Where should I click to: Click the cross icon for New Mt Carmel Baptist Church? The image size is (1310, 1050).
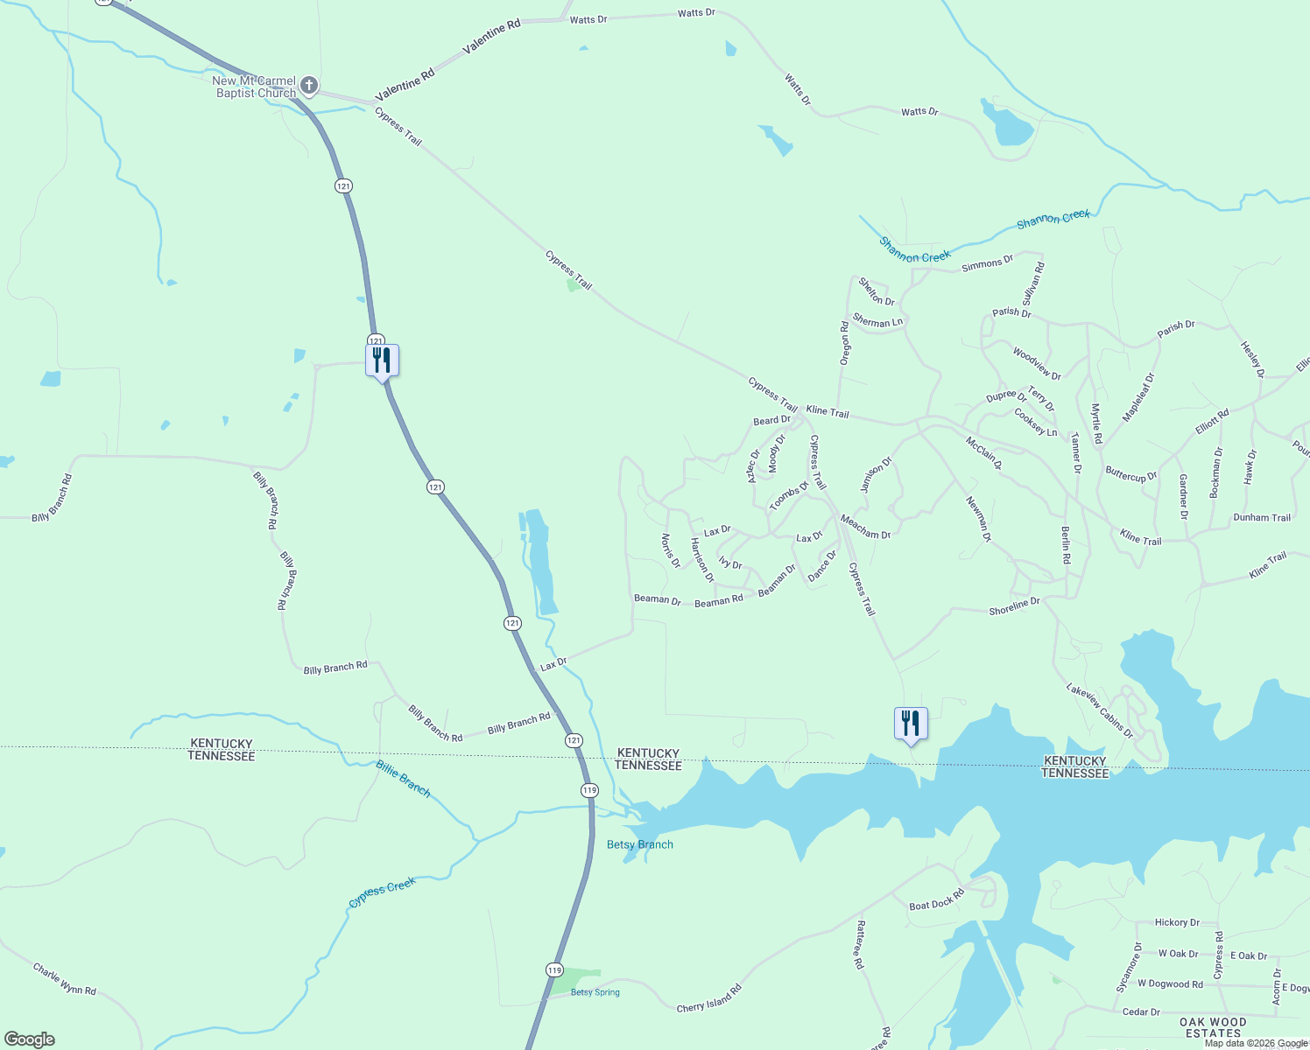308,86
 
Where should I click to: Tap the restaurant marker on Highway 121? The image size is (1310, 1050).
382,360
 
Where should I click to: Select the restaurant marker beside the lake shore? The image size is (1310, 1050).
911,724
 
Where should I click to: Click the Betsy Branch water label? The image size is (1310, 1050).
640,844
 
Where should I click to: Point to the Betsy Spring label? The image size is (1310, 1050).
595,992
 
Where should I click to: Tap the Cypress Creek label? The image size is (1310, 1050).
382,892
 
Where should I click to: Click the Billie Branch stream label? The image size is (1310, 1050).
403,779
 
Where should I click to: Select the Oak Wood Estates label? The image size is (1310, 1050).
1213,1027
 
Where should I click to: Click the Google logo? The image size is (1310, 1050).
30,1039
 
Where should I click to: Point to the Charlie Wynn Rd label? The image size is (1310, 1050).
64,979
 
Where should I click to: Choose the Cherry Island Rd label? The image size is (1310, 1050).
708,998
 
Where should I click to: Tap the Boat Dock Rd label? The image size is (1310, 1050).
936,899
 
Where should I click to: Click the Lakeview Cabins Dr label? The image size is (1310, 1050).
1100,710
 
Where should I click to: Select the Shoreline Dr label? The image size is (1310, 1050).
1014,606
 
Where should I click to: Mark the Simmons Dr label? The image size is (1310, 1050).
987,263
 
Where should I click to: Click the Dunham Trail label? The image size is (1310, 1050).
1262,517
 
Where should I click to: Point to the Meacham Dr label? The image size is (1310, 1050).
865,528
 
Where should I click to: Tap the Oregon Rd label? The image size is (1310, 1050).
845,343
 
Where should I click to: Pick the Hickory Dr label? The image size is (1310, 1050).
1177,922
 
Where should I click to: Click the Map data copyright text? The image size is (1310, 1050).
1256,1043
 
